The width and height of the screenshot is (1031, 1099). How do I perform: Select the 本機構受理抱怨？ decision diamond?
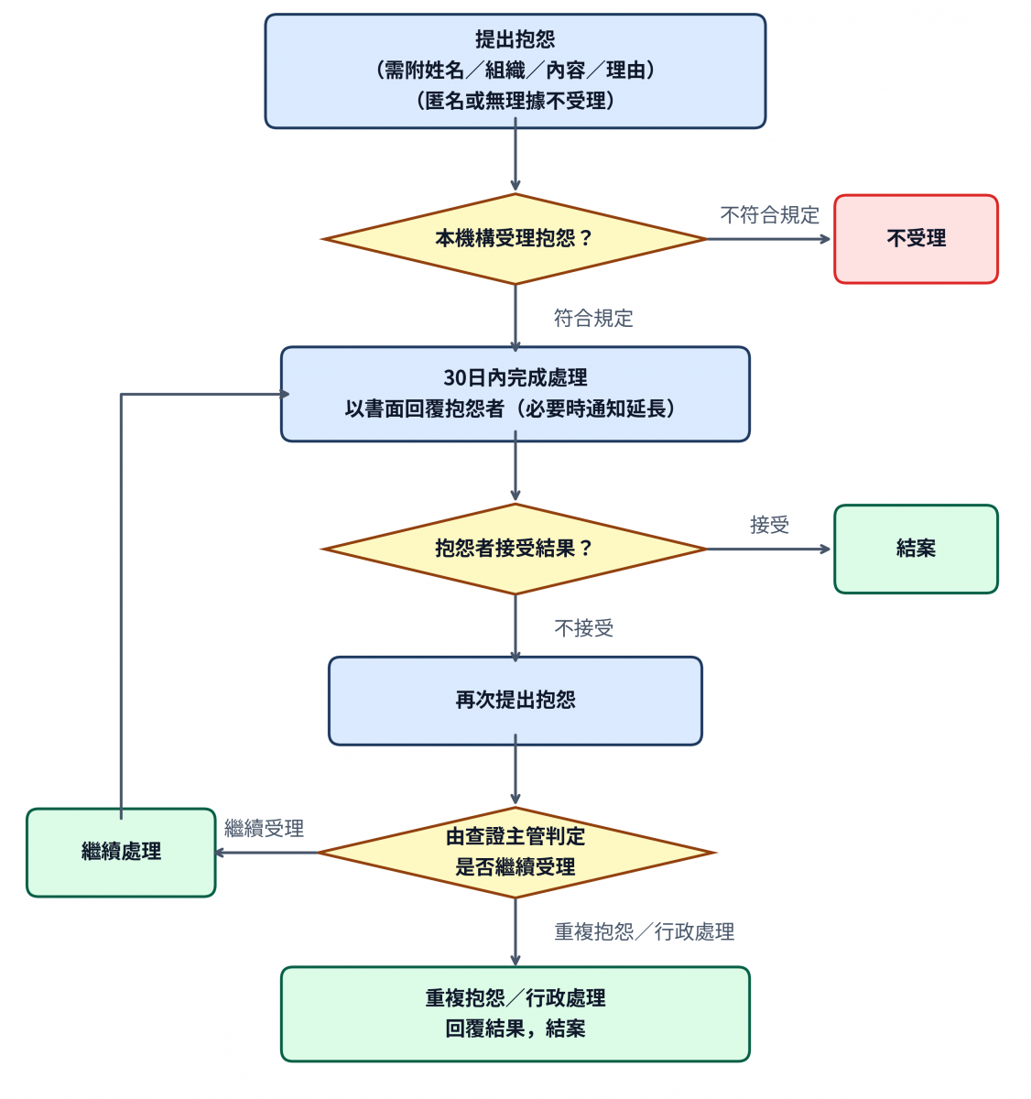(515, 239)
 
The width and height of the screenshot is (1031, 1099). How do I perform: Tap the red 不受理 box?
(916, 239)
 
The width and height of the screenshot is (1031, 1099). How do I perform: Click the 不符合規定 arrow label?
(769, 215)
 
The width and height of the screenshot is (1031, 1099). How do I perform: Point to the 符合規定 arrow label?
(593, 319)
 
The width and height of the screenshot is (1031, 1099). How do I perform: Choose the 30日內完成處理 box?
(515, 394)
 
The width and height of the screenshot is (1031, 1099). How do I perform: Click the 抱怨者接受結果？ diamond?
(515, 549)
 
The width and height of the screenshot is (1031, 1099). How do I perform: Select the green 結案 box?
(916, 549)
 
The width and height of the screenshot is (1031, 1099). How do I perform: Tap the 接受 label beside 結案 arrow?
(769, 526)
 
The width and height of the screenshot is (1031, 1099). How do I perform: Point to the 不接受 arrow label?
(584, 628)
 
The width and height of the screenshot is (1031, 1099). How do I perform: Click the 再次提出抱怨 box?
(515, 701)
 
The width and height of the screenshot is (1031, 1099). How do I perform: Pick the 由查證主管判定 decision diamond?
(515, 853)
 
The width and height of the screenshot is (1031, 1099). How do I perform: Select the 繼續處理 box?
(121, 853)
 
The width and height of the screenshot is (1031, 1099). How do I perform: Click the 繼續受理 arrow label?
(264, 829)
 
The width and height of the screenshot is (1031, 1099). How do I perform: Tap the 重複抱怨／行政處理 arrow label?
(644, 932)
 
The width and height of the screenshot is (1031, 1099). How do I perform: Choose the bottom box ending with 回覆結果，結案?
(515, 1015)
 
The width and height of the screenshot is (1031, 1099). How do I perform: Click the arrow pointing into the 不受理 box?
(769, 239)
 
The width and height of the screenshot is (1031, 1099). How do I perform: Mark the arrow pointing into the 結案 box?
(769, 549)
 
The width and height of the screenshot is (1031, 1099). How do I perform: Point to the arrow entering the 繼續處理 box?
(266, 853)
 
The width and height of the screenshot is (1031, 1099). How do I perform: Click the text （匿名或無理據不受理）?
(515, 101)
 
